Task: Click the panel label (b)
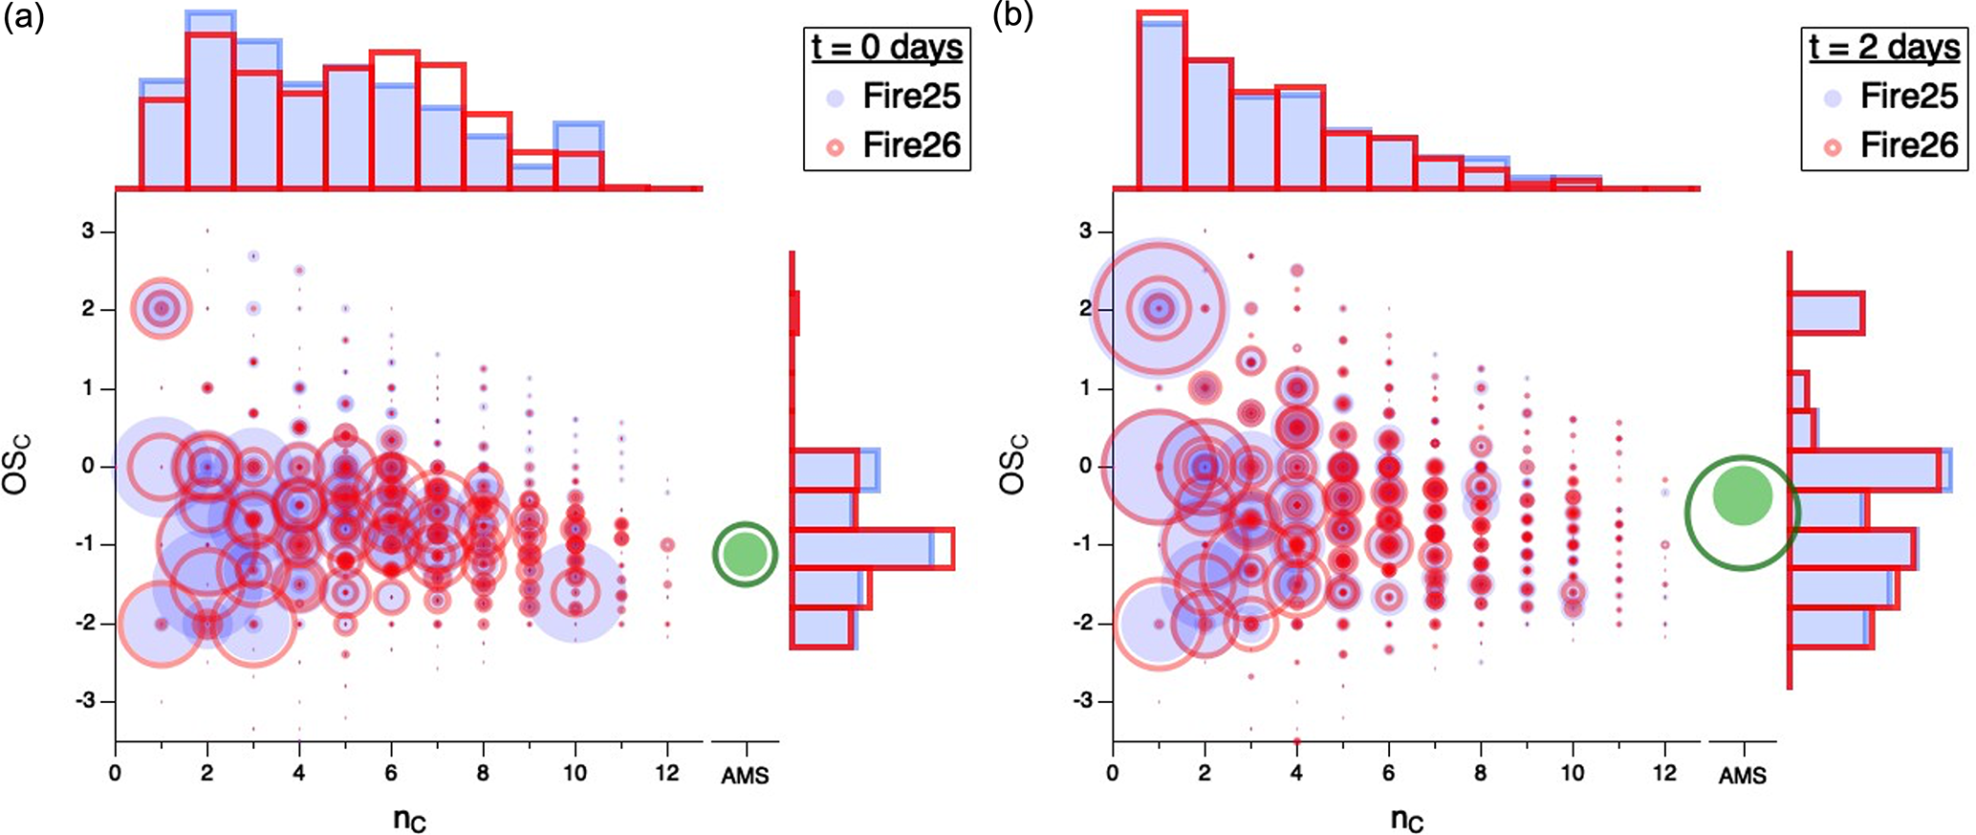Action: [x=1012, y=16]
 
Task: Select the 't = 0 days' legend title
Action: [x=886, y=47]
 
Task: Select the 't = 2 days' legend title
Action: [x=1883, y=47]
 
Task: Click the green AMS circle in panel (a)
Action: [x=746, y=553]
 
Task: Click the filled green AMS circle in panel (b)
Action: [x=1742, y=495]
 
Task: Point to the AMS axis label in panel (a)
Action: [x=745, y=775]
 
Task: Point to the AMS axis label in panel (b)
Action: [x=1742, y=775]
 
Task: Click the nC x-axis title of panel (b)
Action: [x=1406, y=820]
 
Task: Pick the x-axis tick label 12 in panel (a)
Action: [x=667, y=773]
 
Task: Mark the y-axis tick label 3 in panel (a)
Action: [x=88, y=231]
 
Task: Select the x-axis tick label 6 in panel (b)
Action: [x=1389, y=773]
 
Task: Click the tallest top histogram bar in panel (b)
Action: [x=1162, y=100]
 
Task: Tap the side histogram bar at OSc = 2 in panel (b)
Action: [x=1825, y=313]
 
